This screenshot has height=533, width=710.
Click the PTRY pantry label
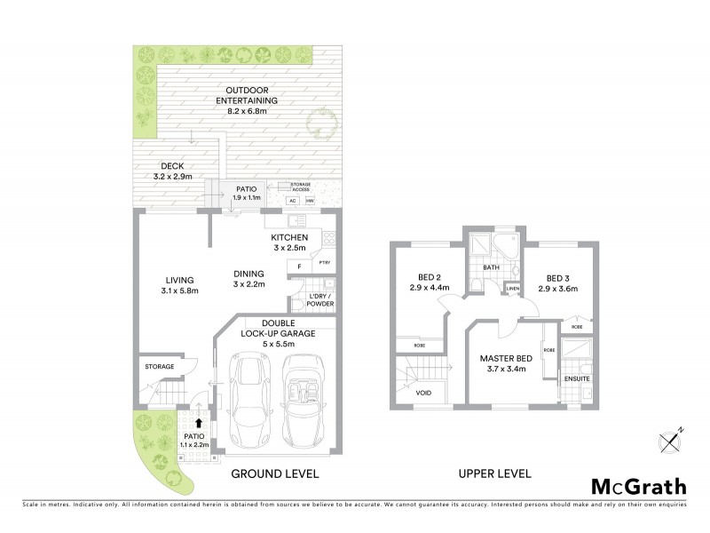click(324, 262)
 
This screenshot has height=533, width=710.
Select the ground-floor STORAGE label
click(159, 366)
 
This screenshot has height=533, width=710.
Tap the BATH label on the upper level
click(492, 266)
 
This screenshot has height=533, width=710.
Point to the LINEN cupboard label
click(512, 290)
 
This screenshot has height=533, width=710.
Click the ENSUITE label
click(577, 379)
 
